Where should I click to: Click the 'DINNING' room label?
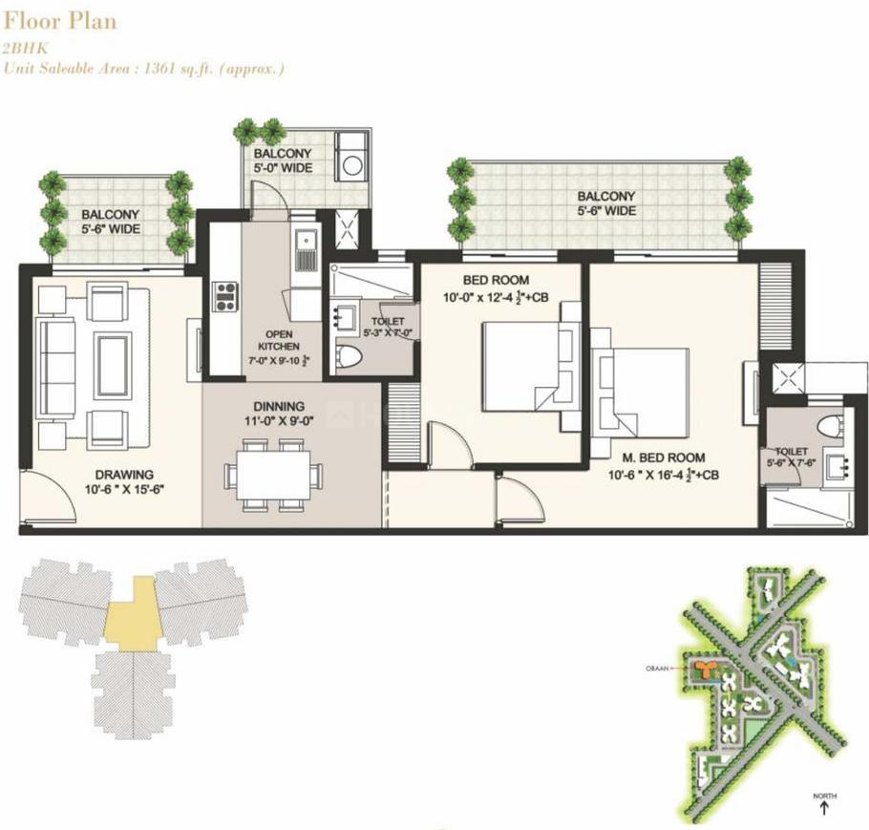point(279,405)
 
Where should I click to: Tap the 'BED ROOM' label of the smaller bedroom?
point(490,280)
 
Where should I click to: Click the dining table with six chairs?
point(270,475)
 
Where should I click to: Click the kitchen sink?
point(306,251)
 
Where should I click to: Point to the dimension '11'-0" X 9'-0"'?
point(279,421)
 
